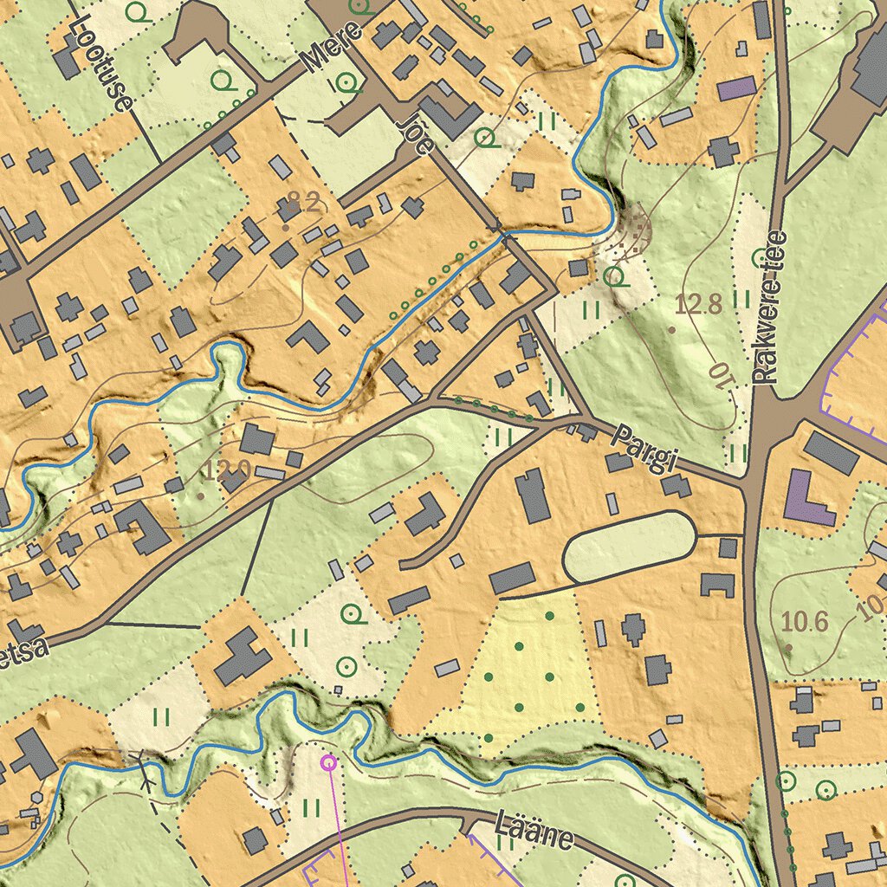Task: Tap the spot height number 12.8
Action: [x=698, y=304]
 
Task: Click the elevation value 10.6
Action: [x=805, y=621]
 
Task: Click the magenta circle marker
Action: [x=328, y=762]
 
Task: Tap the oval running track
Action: [x=629, y=546]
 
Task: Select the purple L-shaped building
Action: [x=806, y=501]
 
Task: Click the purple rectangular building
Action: [x=736, y=88]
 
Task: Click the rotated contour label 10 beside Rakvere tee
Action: [x=720, y=378]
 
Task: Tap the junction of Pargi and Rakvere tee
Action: [x=754, y=485]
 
